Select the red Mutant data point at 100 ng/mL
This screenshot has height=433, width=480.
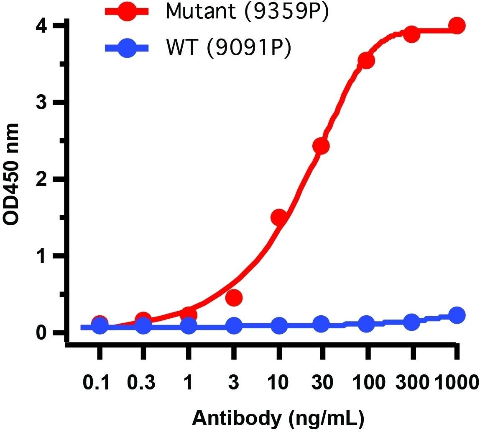coord(366,60)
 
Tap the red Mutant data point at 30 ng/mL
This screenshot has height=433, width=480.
coord(321,146)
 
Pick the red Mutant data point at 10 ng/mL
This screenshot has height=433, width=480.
coord(279,217)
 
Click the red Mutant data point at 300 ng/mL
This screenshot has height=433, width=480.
coord(411,34)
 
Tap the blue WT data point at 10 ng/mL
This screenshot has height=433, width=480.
coord(279,325)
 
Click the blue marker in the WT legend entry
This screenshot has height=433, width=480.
coord(126,48)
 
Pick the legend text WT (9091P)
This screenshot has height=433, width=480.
coord(228,48)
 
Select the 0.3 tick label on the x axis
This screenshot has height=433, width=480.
coord(143,383)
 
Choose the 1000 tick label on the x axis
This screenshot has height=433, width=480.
coord(457,383)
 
